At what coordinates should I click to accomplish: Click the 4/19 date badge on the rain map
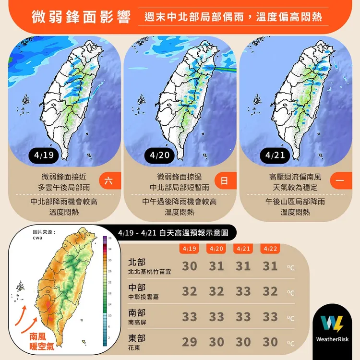pos(45,155)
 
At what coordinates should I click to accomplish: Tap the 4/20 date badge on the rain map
pos(159,155)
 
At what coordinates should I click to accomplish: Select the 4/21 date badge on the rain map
pos(275,155)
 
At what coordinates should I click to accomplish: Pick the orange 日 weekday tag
pos(224,181)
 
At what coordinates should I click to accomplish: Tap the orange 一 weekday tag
pos(340,181)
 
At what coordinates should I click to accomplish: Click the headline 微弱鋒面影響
pos(82,18)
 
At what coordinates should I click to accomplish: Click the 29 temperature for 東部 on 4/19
pos(190,342)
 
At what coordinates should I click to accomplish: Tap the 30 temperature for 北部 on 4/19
pos(190,266)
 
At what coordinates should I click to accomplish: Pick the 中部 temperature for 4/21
pos(243,291)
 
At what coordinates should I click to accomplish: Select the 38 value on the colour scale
pos(110,239)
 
